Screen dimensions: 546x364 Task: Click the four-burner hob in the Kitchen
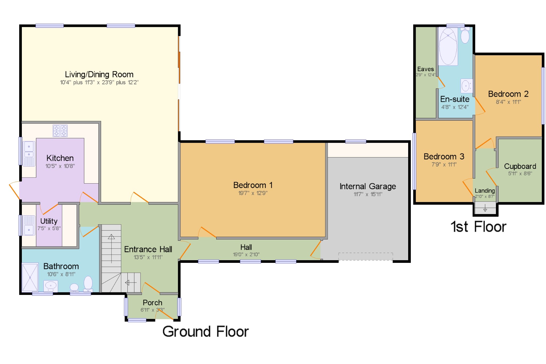[x=60, y=131]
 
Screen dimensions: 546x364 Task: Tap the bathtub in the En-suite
[x=448, y=46]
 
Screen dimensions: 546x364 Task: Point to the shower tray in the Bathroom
[x=30, y=277]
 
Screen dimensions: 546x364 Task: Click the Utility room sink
[x=29, y=226]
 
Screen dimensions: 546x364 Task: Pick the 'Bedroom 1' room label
[x=253, y=185]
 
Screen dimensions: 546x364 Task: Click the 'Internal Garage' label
[x=368, y=186]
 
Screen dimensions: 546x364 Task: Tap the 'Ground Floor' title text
[x=206, y=332]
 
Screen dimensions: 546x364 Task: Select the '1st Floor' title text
[x=478, y=227]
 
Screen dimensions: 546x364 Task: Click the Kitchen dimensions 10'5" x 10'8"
[x=60, y=166]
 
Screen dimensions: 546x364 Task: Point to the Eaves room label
[x=425, y=69]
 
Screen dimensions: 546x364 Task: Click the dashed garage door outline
[x=366, y=256]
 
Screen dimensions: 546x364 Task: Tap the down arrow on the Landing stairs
[x=485, y=208]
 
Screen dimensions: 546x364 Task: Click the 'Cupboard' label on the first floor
[x=520, y=166]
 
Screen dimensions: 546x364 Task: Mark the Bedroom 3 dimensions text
[x=444, y=165]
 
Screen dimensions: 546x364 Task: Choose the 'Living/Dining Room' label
[x=99, y=74]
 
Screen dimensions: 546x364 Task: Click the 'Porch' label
[x=152, y=303]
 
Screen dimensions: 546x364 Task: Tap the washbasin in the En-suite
[x=466, y=86]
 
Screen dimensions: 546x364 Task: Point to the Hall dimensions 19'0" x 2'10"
[x=246, y=255]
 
